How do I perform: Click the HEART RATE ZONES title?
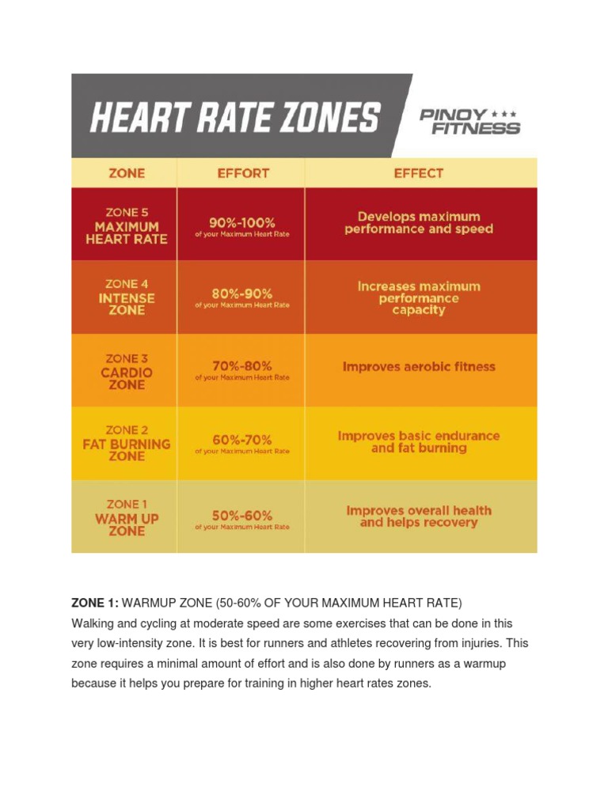click(x=234, y=119)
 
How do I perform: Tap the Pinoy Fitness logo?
click(x=469, y=120)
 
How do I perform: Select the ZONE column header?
click(x=126, y=173)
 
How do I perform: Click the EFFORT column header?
click(x=242, y=173)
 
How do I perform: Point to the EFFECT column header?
click(x=419, y=173)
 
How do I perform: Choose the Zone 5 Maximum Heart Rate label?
click(x=126, y=225)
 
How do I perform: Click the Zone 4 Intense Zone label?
click(x=126, y=297)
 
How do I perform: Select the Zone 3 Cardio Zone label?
click(x=126, y=372)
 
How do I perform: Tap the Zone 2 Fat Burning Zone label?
click(x=126, y=444)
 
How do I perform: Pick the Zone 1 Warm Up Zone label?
click(x=126, y=518)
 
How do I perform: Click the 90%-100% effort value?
click(x=242, y=222)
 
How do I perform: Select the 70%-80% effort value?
click(x=242, y=366)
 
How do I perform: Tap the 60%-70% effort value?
click(x=242, y=439)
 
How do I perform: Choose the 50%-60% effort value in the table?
click(x=242, y=514)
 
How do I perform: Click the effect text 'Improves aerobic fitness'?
click(x=419, y=367)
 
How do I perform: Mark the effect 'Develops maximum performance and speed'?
click(x=419, y=222)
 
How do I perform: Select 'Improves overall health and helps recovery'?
click(x=419, y=517)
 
